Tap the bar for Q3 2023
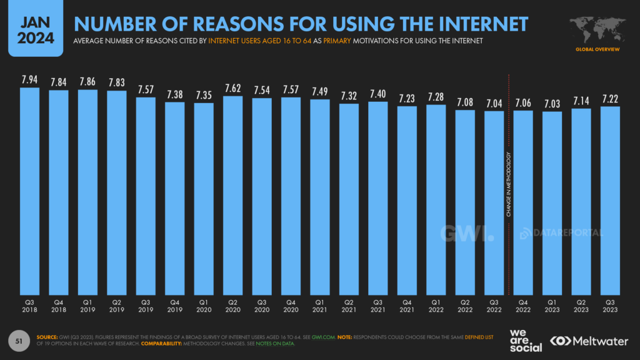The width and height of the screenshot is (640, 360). tap(610, 200)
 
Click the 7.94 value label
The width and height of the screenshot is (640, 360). tap(30, 80)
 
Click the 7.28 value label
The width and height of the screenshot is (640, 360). tap(436, 97)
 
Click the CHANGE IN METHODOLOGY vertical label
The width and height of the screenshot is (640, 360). tap(509, 184)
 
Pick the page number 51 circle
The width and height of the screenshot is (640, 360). tap(19, 341)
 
